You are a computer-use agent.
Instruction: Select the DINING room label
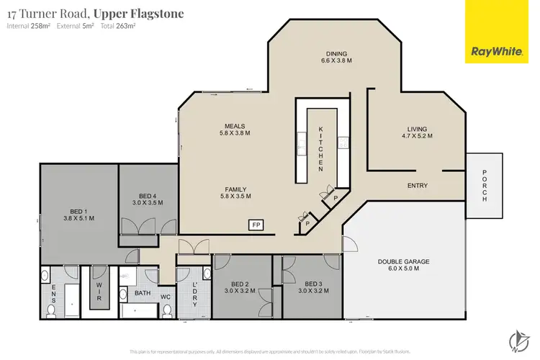click(336, 54)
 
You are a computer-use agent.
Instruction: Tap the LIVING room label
click(418, 130)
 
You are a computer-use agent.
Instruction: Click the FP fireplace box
click(255, 225)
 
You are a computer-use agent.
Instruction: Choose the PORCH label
click(484, 186)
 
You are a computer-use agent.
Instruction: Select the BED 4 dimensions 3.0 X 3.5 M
click(147, 203)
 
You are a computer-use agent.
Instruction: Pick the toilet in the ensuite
click(51, 309)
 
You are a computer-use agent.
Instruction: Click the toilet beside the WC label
click(168, 309)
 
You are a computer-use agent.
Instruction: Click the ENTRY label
click(418, 186)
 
